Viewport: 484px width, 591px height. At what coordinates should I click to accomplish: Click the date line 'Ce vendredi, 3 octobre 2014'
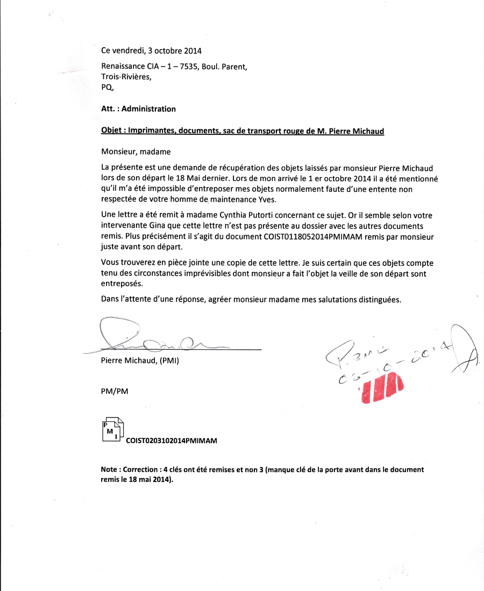pyautogui.click(x=151, y=51)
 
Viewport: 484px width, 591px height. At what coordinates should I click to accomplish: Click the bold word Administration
pyautogui.click(x=148, y=109)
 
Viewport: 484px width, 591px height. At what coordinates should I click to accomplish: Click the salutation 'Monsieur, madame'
pyautogui.click(x=136, y=152)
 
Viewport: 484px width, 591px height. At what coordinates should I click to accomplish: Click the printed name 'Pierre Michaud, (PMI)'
pyautogui.click(x=140, y=361)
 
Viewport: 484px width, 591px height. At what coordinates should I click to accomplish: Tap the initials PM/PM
pyautogui.click(x=115, y=392)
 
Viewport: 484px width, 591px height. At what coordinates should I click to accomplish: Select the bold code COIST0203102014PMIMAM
pyautogui.click(x=171, y=441)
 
